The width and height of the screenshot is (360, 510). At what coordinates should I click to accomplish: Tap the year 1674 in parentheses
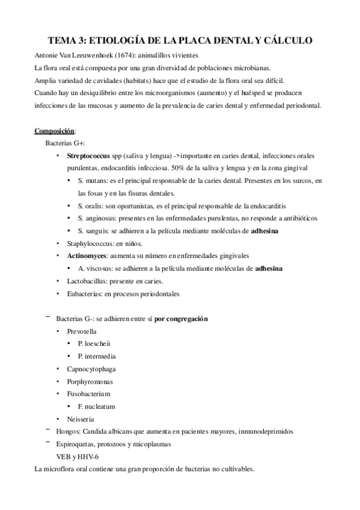click(124, 53)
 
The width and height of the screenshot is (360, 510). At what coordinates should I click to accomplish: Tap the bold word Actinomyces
click(87, 256)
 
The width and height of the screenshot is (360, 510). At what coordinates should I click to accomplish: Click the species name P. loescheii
click(95, 343)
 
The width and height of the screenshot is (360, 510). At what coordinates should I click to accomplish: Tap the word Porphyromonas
click(90, 381)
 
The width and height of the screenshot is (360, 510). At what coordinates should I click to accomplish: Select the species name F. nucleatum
click(97, 407)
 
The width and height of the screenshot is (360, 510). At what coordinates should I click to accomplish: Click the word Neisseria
click(81, 419)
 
